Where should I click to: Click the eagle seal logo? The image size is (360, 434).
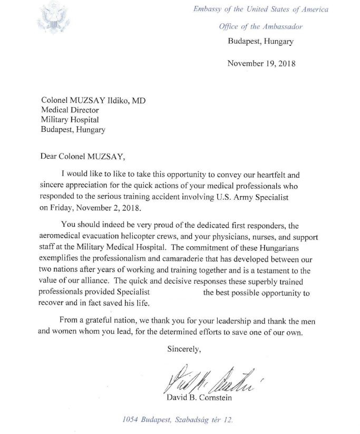point(53,18)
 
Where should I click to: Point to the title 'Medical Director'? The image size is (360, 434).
point(70,110)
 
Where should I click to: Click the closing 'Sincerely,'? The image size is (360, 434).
point(184,349)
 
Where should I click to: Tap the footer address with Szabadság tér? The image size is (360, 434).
point(177,421)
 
